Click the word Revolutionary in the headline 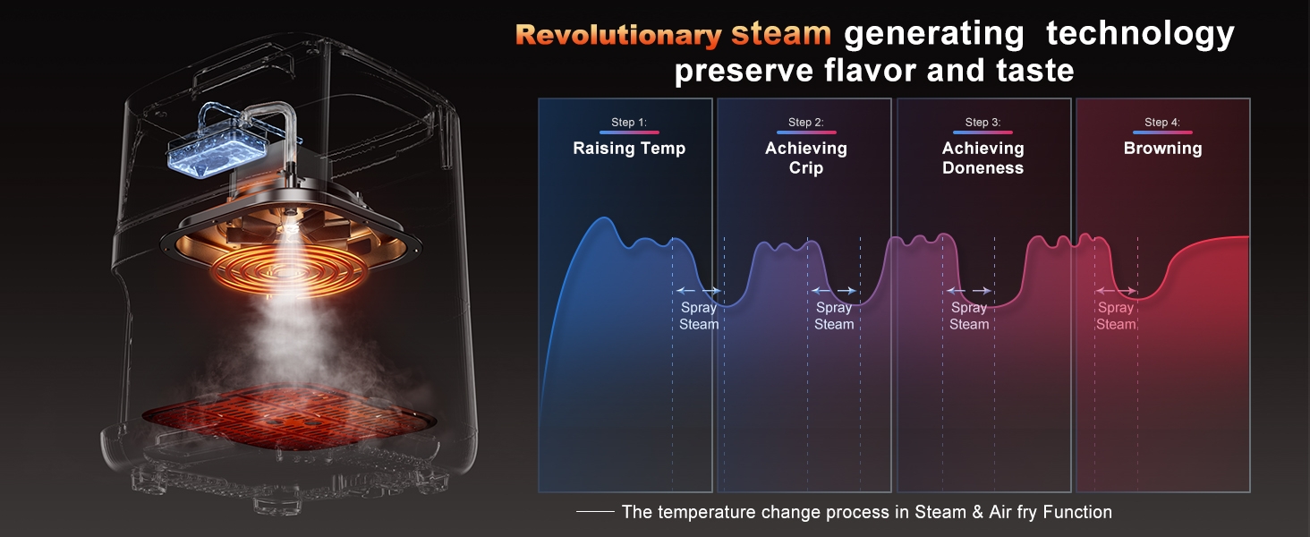point(618,35)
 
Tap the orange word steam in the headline point(781,33)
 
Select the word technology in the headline point(1140,34)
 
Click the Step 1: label point(629,123)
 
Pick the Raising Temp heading point(629,149)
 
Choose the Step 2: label point(806,123)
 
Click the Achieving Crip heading point(806,158)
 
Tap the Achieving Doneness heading point(983,158)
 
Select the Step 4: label point(1162,123)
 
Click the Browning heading point(1162,149)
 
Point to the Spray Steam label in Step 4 point(1116,316)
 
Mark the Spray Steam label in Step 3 point(969,316)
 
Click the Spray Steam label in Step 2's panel point(834,316)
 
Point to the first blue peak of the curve point(603,218)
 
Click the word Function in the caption point(1077,512)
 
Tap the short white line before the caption point(595,512)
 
